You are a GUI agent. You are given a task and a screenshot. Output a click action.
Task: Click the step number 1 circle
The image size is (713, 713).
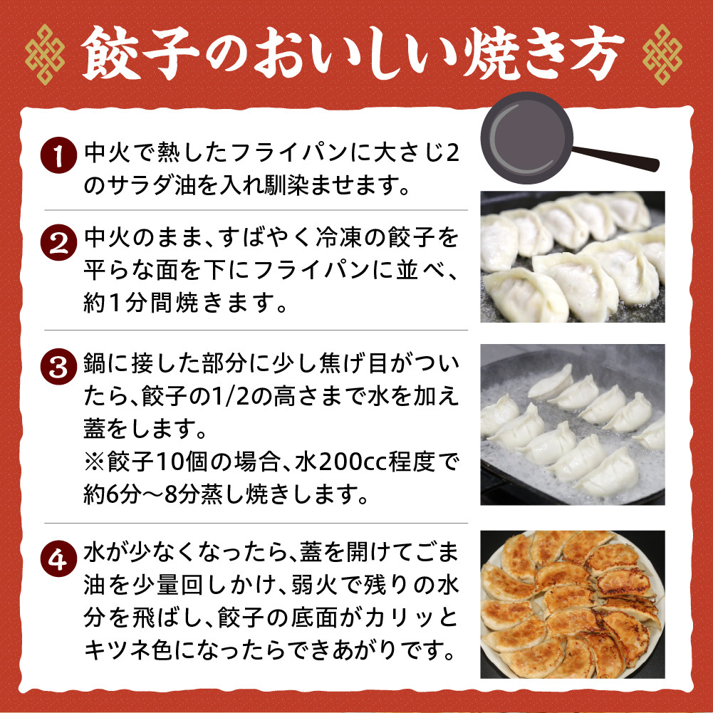click(58, 155)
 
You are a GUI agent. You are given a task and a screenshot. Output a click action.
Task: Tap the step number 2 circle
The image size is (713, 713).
click(58, 242)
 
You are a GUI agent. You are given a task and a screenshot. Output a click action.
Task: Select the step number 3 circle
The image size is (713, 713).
click(58, 367)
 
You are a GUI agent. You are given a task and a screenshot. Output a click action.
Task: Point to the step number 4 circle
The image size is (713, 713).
click(58, 559)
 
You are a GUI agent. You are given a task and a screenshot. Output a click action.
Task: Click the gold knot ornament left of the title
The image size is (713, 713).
click(45, 55)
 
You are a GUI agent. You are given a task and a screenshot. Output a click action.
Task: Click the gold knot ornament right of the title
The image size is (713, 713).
click(662, 55)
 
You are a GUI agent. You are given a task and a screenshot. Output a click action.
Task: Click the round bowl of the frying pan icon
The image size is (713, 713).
click(526, 137)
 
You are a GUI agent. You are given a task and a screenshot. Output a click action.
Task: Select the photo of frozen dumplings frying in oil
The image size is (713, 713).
click(573, 257)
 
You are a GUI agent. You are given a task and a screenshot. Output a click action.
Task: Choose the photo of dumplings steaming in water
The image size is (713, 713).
click(573, 425)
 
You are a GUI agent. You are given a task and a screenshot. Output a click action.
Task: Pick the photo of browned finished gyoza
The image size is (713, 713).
click(573, 604)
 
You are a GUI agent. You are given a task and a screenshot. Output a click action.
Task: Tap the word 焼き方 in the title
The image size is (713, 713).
click(544, 53)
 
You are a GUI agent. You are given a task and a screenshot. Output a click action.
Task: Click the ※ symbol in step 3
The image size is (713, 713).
click(95, 462)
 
